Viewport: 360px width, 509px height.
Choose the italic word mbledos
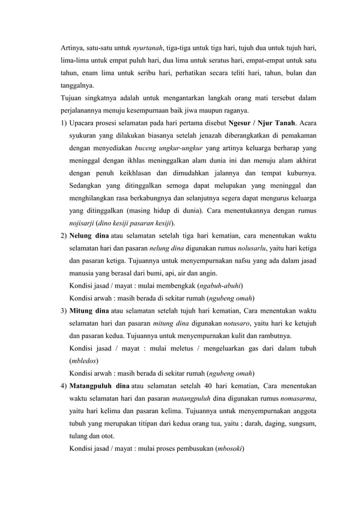pos(82,359)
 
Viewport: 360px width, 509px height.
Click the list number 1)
pos(64,124)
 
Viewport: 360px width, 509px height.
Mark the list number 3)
pos(64,310)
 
